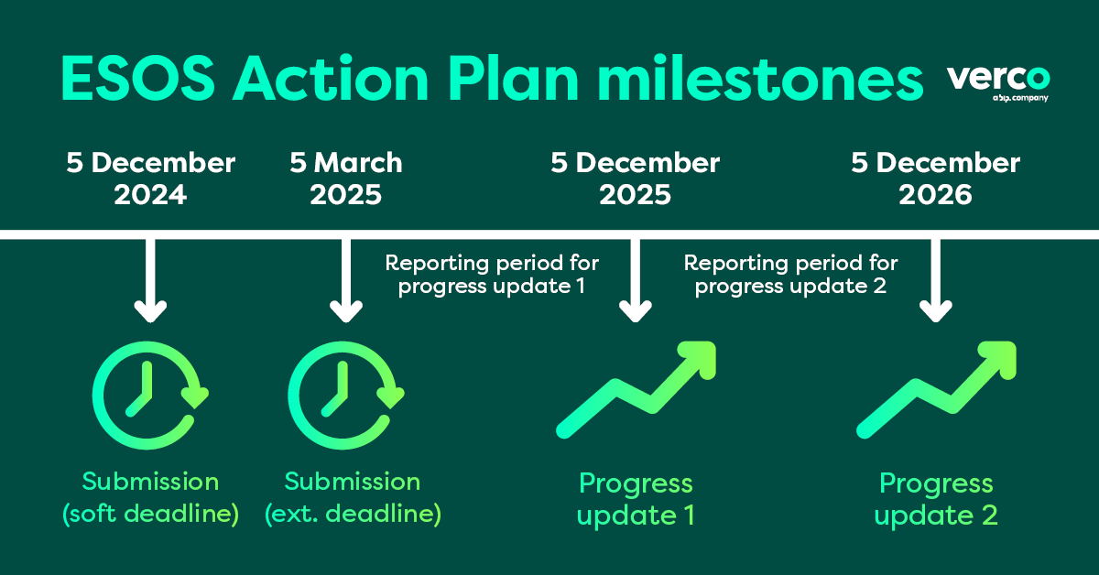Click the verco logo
[998, 82]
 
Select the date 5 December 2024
[151, 179]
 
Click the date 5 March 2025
[346, 179]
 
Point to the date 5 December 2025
[635, 179]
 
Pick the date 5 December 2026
[935, 179]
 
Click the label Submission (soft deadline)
[151, 498]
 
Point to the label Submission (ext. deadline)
[353, 498]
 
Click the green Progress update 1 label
[637, 499]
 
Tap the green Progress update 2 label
[936, 499]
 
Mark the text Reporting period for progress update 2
[791, 275]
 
